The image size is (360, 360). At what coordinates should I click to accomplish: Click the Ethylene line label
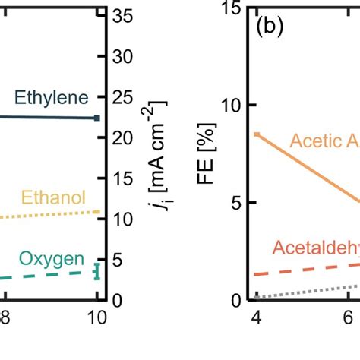[x=52, y=97]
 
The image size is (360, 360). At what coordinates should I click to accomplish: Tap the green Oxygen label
[x=52, y=259]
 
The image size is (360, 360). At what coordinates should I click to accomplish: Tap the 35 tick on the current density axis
[x=122, y=16]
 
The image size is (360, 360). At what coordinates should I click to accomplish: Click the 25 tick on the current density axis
[x=122, y=97]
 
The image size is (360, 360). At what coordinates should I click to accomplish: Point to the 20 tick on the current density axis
[x=122, y=137]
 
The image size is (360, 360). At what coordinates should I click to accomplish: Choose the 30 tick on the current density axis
[x=122, y=57]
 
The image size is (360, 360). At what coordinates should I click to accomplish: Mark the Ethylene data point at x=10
[x=97, y=118]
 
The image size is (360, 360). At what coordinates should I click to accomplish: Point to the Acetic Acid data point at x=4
[x=257, y=134]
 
